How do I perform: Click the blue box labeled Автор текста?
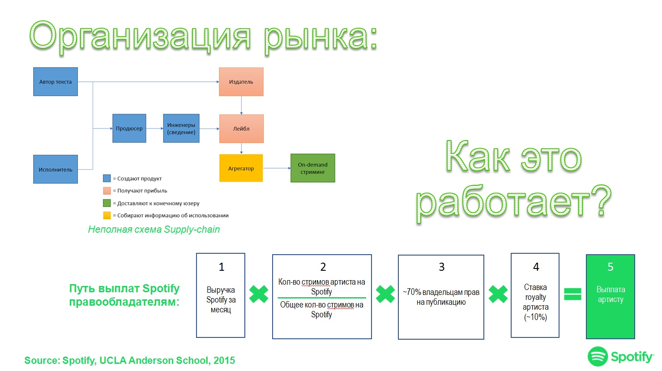tap(56, 82)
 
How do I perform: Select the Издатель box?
tap(241, 82)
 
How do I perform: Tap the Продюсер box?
tap(129, 128)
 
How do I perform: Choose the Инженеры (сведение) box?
tap(181, 128)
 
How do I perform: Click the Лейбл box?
tap(241, 128)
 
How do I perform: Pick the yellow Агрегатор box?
tap(241, 168)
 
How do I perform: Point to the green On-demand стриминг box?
tap(312, 168)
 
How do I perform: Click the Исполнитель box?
tap(56, 170)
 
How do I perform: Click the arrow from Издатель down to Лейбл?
tap(241, 105)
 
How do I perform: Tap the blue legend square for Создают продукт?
tap(107, 178)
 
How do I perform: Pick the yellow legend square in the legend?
tap(107, 215)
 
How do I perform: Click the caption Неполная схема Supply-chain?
tap(154, 230)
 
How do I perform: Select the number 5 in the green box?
tap(610, 267)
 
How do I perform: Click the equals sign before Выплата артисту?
tap(572, 294)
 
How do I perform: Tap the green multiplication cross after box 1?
tap(259, 294)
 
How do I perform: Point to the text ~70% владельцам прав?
tap(441, 292)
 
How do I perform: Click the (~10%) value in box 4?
tap(535, 317)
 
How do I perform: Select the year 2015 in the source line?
tap(224, 361)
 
